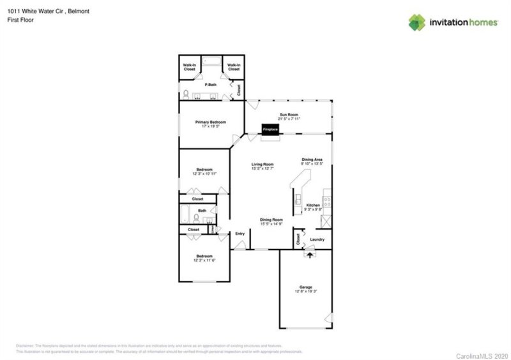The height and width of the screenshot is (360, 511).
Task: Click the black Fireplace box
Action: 270,130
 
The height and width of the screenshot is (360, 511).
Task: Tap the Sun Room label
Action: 289,115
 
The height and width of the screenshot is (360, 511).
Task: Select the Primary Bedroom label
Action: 210,123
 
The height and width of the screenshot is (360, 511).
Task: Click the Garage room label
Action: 305,287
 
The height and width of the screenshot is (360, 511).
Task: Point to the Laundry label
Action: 317,239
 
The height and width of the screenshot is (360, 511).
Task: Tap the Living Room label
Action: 263,164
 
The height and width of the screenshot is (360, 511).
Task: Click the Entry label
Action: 240,234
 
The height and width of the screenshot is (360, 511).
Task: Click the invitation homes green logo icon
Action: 417,22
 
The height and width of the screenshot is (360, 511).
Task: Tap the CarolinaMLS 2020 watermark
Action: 482,354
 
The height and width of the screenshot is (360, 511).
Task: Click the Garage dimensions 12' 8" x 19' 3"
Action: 305,291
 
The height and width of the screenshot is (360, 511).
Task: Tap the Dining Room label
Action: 271,220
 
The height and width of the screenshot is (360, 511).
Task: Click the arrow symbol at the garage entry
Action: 312,253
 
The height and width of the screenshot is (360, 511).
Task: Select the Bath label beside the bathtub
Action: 202,210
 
